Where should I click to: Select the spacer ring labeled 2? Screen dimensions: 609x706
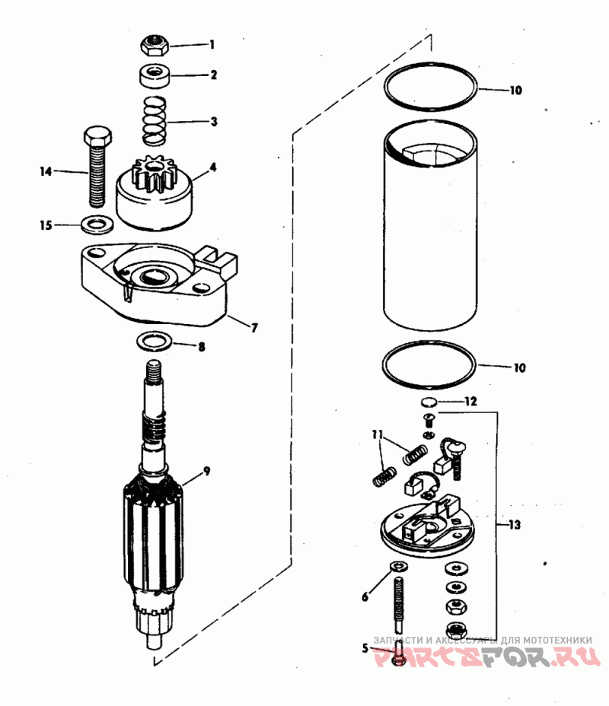(x=155, y=75)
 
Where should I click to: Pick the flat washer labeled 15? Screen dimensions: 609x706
(x=97, y=224)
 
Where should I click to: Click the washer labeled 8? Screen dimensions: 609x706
(x=154, y=342)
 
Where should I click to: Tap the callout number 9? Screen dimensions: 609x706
(x=207, y=472)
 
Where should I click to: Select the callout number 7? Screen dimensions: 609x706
(x=254, y=327)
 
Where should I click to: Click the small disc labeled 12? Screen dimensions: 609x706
(x=429, y=401)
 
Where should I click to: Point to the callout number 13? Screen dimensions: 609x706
(x=515, y=524)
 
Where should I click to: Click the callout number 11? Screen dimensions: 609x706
(x=377, y=434)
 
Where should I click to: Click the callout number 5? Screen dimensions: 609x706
(x=365, y=648)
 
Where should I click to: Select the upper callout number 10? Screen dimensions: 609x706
(x=516, y=90)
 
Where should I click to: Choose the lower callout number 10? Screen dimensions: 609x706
(x=519, y=368)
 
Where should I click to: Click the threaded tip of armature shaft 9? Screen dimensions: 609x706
(x=154, y=369)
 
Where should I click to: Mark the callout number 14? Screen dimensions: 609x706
(x=46, y=171)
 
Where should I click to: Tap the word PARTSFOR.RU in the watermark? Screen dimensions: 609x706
(x=487, y=657)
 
